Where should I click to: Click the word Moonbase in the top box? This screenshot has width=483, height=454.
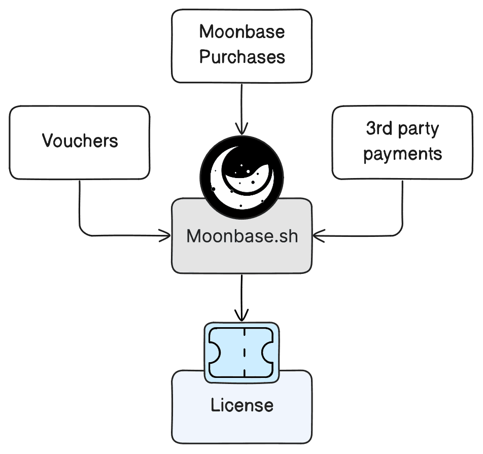tap(241, 32)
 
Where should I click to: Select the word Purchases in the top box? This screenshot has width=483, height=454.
tap(241, 57)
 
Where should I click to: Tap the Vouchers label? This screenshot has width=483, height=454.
tap(80, 141)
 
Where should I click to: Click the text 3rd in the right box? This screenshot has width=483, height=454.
tap(378, 129)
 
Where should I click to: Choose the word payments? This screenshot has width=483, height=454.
tap(402, 154)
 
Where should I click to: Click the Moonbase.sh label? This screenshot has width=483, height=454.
tap(241, 236)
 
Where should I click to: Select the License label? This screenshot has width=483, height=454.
tap(241, 405)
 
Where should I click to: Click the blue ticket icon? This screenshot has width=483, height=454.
tap(241, 353)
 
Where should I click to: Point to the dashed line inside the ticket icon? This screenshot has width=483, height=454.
tap(244, 353)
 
